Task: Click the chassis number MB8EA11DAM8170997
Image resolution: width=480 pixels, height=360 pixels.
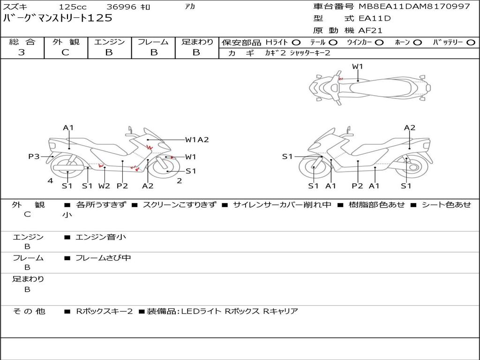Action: pos(414,6)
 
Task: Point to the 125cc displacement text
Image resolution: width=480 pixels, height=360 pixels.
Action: pos(73,7)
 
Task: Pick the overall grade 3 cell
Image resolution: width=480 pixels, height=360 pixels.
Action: pos(22,52)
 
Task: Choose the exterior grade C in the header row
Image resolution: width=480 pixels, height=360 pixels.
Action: pos(66,52)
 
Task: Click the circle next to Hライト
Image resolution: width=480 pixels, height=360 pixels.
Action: pos(296,43)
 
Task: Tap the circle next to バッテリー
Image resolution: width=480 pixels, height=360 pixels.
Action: pos(471,43)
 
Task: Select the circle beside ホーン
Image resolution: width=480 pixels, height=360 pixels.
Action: pos(418,43)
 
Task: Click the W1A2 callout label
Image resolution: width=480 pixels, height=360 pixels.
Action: pos(197,140)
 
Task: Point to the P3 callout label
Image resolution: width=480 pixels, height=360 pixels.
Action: pos(34,157)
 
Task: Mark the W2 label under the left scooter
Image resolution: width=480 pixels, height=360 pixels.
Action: pos(104,186)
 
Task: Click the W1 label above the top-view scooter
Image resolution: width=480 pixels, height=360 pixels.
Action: pos(357,67)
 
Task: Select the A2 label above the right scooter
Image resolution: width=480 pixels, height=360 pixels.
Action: pos(410,127)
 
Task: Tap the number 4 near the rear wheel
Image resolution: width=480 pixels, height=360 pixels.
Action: pos(50,181)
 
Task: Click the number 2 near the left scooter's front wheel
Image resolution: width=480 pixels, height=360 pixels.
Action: pos(180,181)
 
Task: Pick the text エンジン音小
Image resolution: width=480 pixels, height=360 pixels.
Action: pos(101,237)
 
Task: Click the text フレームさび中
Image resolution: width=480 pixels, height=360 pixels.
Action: pos(103,258)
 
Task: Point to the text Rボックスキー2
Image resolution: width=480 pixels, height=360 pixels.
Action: pos(105,311)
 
